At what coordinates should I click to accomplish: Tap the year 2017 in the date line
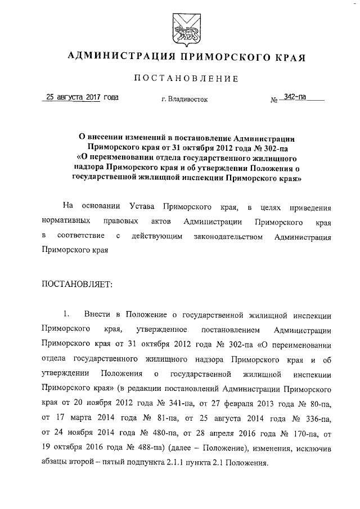tap(89, 97)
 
